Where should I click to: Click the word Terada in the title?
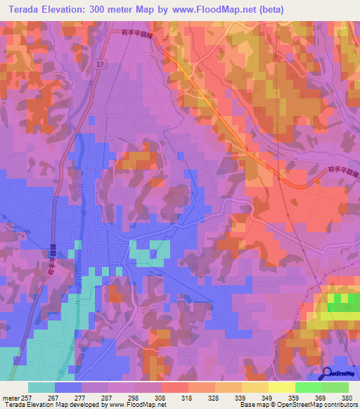tap(28, 9)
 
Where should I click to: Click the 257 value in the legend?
tap(27, 397)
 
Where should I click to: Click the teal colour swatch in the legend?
tap(41, 387)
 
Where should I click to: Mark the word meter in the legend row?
tap(10, 397)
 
